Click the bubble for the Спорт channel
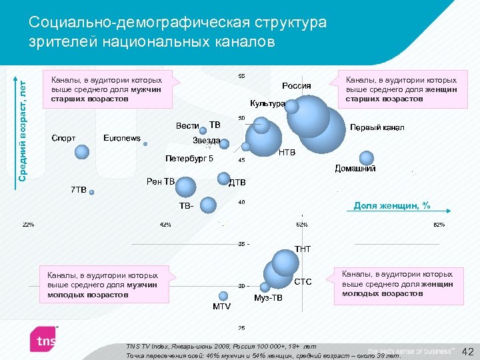(82, 152)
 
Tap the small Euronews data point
(145, 143)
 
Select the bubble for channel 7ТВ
(92, 192)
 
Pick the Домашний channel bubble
(366, 158)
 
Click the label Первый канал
(377, 127)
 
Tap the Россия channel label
(296, 85)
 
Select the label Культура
(267, 103)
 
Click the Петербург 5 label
(189, 159)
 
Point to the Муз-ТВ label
(269, 297)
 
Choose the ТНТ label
(303, 249)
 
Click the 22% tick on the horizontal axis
(29, 224)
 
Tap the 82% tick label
(439, 224)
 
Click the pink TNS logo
(45, 341)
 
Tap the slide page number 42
(467, 351)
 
